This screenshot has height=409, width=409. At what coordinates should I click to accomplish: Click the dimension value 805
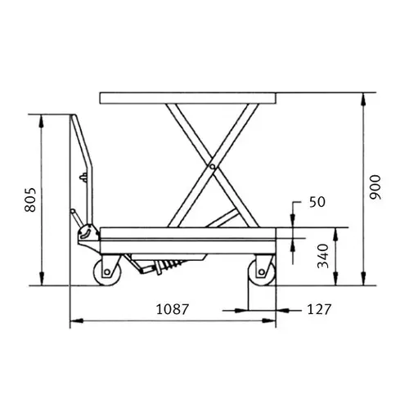pyautogui.click(x=30, y=200)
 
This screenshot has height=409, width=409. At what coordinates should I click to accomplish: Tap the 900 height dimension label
pyautogui.click(x=375, y=187)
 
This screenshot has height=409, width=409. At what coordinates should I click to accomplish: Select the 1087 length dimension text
pyautogui.click(x=173, y=309)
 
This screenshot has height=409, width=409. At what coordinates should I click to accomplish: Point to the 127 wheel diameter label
pyautogui.click(x=319, y=309)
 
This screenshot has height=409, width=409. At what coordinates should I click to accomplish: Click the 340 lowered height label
pyautogui.click(x=324, y=256)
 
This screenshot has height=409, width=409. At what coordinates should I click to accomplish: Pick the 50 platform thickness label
pyautogui.click(x=317, y=202)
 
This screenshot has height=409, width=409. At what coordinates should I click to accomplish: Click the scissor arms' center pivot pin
pyautogui.click(x=212, y=166)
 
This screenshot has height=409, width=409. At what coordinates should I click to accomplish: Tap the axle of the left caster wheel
pyautogui.click(x=107, y=272)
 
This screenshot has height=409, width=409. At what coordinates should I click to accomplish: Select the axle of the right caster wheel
pyautogui.click(x=262, y=272)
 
